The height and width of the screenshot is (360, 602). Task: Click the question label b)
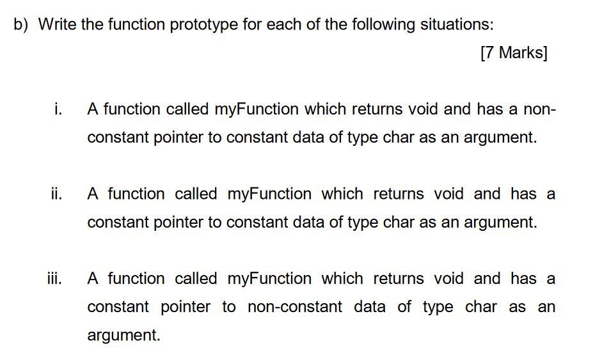22,25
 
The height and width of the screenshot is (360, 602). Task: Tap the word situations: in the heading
456,25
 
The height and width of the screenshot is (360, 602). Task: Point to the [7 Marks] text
513,53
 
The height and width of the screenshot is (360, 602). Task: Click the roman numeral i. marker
58,109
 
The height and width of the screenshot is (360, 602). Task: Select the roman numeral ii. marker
56,194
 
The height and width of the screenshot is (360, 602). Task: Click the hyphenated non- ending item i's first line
540,109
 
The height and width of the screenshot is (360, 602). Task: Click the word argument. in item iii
123,335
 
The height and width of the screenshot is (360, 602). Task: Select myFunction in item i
256,109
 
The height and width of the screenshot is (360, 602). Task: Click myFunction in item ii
269,194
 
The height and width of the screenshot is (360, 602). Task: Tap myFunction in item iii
269,279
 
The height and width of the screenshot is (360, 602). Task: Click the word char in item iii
480,307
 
